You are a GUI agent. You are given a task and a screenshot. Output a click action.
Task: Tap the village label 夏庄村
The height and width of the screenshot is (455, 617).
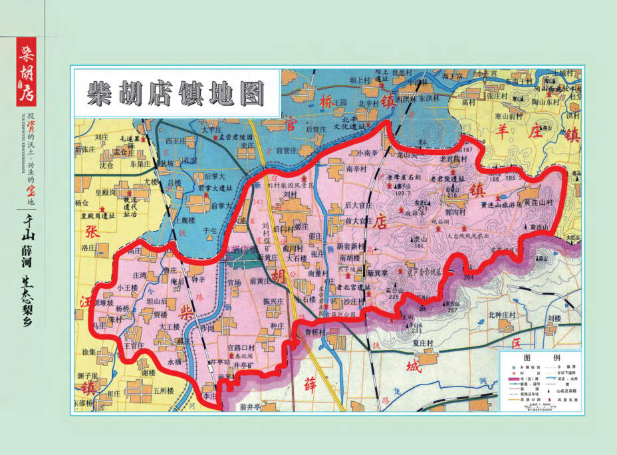[423, 343]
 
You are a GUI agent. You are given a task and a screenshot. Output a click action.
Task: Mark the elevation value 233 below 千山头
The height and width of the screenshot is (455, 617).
[417, 331]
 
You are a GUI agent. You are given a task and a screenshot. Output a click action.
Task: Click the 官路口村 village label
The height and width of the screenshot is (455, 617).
[241, 348]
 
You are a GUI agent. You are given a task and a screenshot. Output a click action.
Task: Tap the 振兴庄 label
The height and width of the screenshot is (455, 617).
[273, 301]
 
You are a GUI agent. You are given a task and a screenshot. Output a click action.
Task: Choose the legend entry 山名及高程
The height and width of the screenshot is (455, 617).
[567, 393]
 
